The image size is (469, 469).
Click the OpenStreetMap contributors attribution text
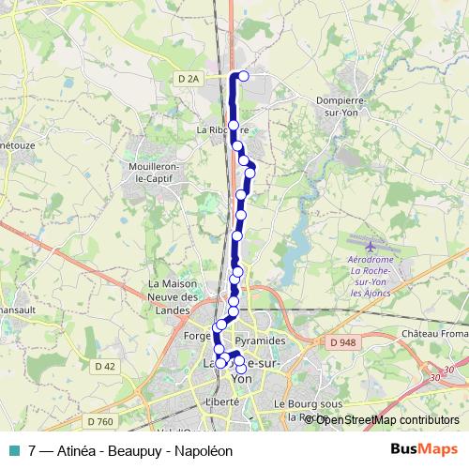(x=386, y=419)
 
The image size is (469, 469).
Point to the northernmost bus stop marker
(x=244, y=76)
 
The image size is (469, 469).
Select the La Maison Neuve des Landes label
(x=175, y=291)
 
